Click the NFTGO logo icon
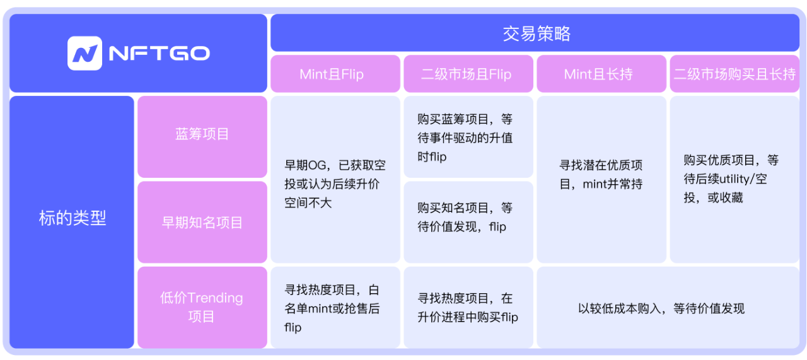pyautogui.click(x=84, y=54)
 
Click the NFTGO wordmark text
pyautogui.click(x=159, y=54)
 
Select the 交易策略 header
pyautogui.click(x=535, y=33)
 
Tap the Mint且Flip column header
pyautogui.click(x=332, y=74)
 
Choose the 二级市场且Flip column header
pyautogui.click(x=466, y=74)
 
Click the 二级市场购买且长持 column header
pyautogui.click(x=734, y=74)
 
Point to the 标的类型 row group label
pyautogui.click(x=73, y=218)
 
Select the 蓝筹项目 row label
pyautogui.click(x=202, y=134)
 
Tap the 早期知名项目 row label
pyautogui.click(x=202, y=222)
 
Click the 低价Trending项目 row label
pyautogui.click(x=202, y=307)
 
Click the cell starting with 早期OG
pyautogui.click(x=335, y=183)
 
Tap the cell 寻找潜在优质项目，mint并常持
pyautogui.click(x=601, y=175)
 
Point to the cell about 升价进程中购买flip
pyautogui.click(x=467, y=308)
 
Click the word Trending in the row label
pyautogui.click(x=215, y=298)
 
